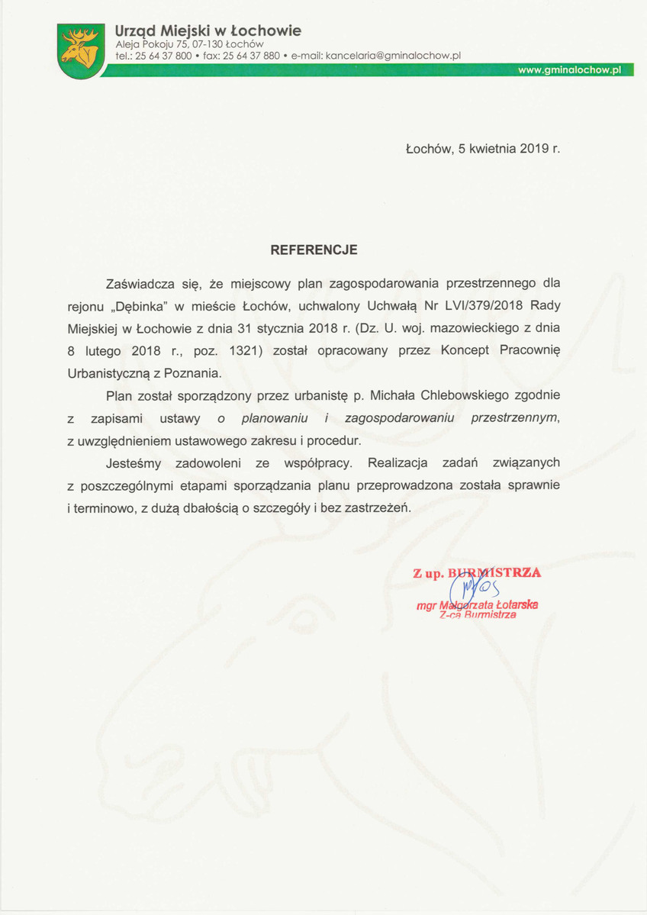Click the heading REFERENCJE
(x=314, y=250)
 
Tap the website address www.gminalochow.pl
(x=569, y=69)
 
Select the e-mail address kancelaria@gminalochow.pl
(x=393, y=56)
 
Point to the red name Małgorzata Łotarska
(x=477, y=605)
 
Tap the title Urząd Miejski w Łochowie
(x=208, y=31)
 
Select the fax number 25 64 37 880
(x=251, y=56)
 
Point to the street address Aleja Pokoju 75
(x=152, y=44)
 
